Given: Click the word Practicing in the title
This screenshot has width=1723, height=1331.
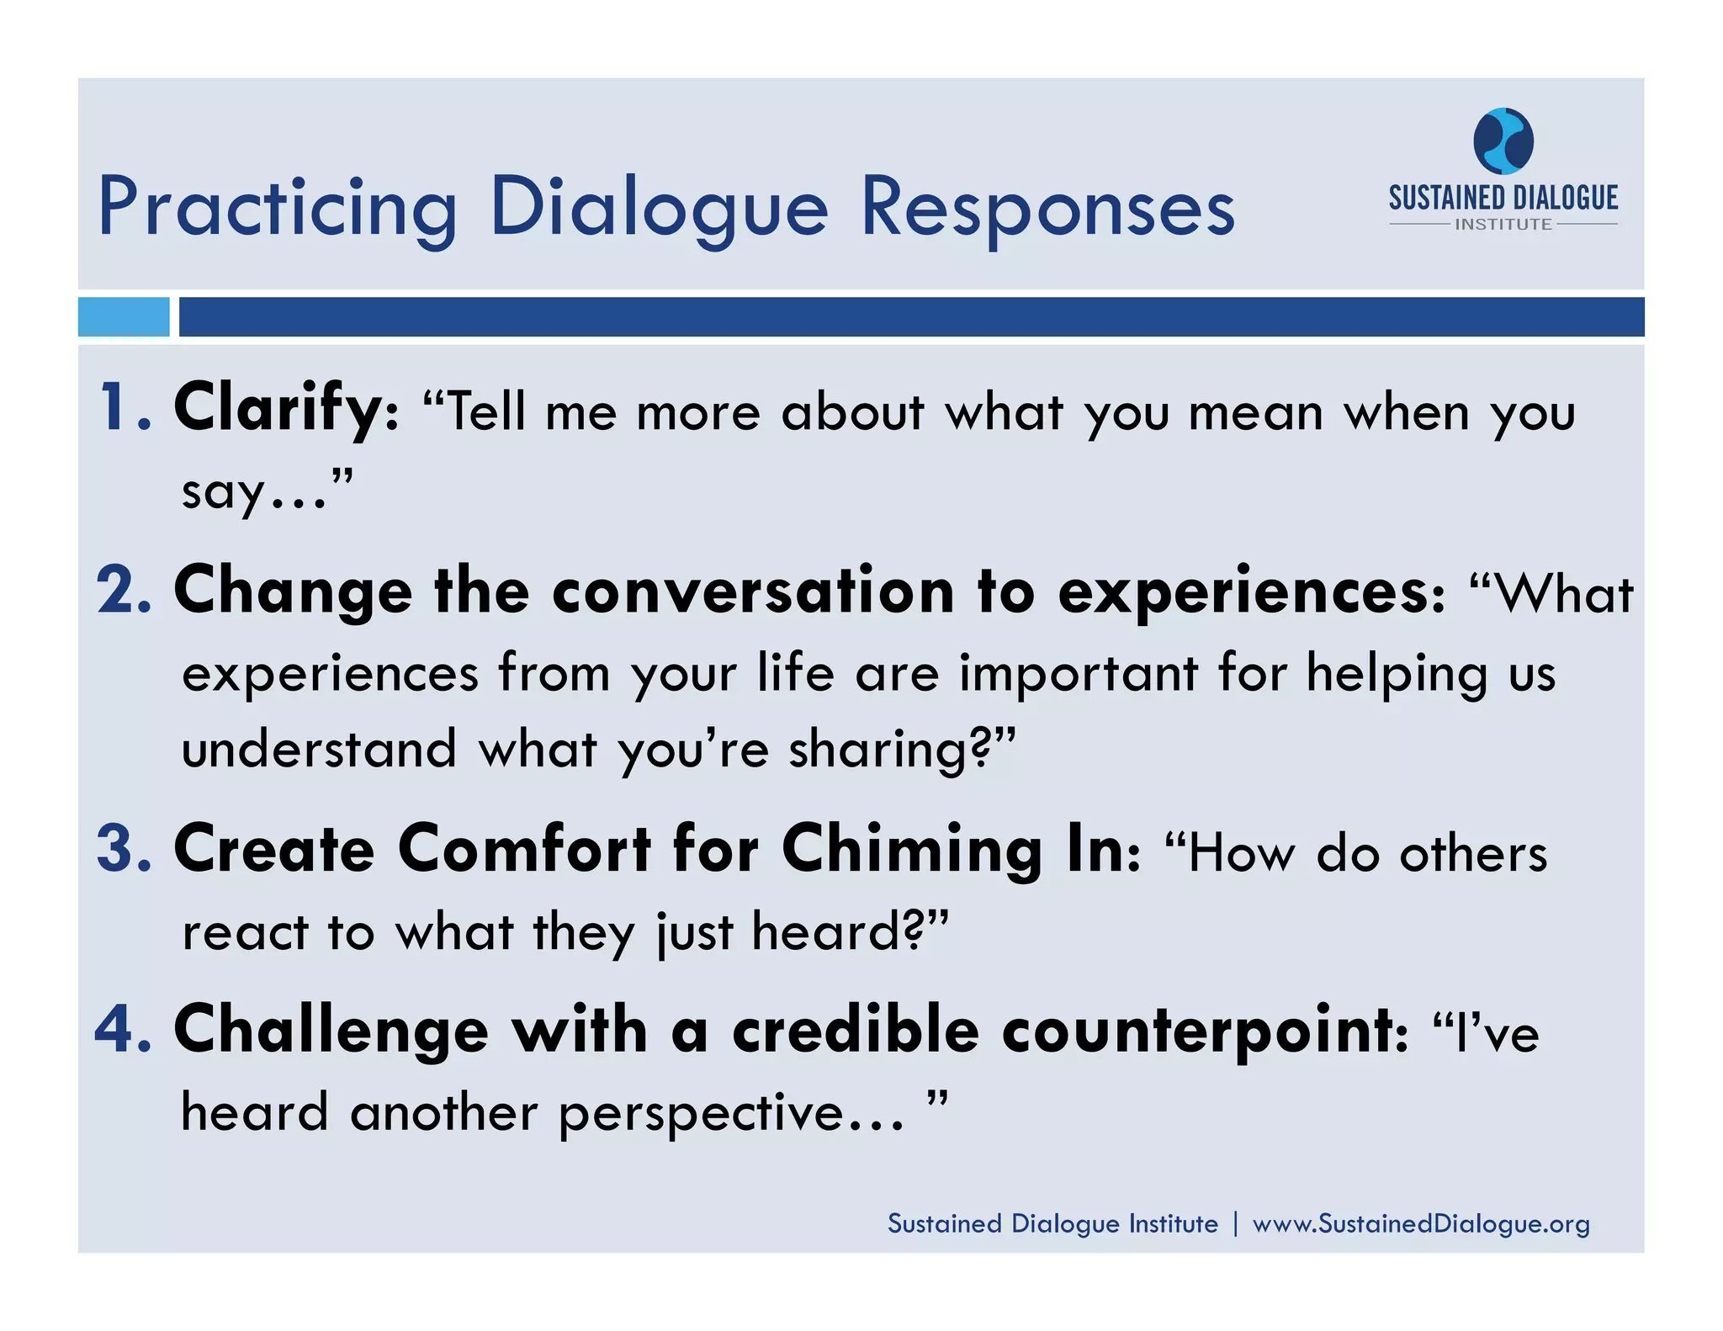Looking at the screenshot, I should tap(278, 208).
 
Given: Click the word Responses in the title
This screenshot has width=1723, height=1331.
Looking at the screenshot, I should tap(1047, 208).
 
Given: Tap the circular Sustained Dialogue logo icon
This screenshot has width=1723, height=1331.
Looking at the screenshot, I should tap(1503, 141).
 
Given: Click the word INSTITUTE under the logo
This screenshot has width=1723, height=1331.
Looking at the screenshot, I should tap(1503, 225).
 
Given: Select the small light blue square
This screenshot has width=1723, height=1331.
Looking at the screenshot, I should tap(124, 317).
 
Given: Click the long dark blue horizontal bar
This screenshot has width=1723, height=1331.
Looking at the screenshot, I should tap(911, 317).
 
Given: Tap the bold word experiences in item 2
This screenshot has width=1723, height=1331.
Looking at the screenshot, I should tap(1242, 592).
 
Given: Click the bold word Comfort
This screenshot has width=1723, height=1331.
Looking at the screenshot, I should tap(524, 849).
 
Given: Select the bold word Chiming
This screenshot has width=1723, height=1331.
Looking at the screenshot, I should tap(912, 851).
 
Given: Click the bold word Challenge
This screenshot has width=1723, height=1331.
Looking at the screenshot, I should tap(331, 1031).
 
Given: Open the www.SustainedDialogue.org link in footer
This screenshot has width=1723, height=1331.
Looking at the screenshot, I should tap(1420, 1223).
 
